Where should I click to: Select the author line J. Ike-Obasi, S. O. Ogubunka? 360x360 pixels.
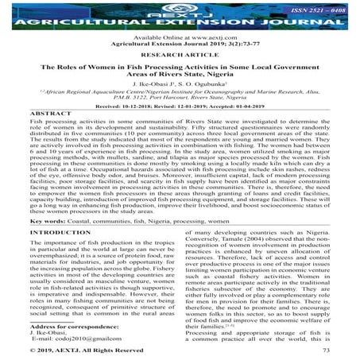click(180, 97)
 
